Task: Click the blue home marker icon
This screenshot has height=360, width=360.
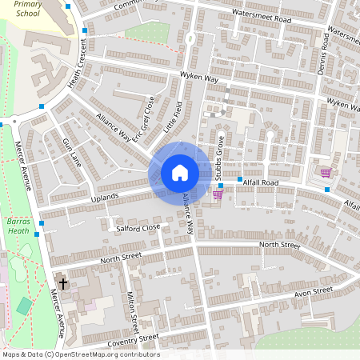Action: [x=179, y=173]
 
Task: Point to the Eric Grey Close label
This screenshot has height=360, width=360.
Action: [x=144, y=120]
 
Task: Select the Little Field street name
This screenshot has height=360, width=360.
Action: [x=173, y=117]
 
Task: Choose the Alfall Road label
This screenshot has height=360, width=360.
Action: [x=261, y=182]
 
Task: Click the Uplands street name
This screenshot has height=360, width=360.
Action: [x=104, y=197]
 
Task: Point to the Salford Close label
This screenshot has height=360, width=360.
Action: [x=138, y=228]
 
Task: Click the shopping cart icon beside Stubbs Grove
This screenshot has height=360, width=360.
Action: [x=218, y=194]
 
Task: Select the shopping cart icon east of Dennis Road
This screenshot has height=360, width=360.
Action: [x=326, y=173]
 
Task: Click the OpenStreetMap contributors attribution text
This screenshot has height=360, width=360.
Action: [x=80, y=354]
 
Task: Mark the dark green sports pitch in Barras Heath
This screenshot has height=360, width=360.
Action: [x=25, y=306]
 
